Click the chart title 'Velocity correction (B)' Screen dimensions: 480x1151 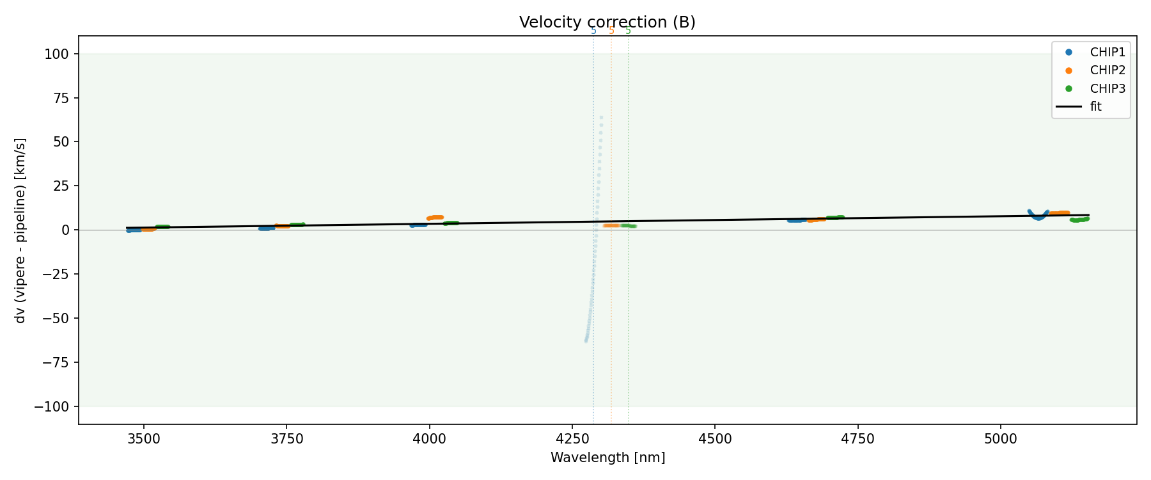click(x=607, y=22)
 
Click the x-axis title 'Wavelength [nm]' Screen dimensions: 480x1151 click(x=607, y=458)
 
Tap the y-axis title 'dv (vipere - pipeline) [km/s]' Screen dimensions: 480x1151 click(x=20, y=230)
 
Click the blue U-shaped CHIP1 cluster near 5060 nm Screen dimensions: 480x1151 click(x=1038, y=216)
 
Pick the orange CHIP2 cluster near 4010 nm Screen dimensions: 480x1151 click(x=435, y=218)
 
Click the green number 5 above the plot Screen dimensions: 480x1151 click(x=628, y=31)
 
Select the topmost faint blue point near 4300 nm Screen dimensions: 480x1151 click(x=601, y=118)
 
